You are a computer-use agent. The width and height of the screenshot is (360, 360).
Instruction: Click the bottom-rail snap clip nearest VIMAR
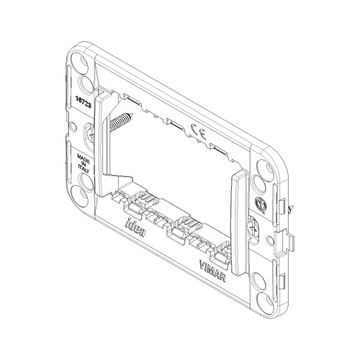click(218, 251)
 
